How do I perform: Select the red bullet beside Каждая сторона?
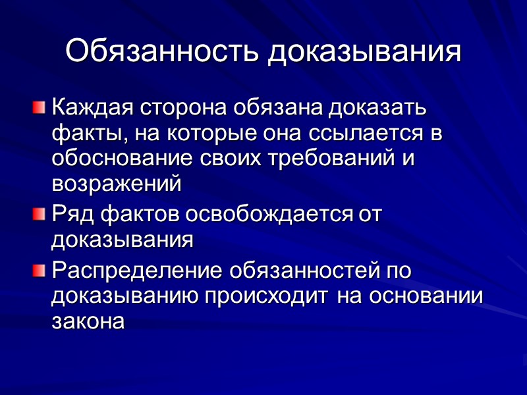[40, 105]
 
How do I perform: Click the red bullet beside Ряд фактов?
[40, 213]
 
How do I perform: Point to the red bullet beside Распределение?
[40, 270]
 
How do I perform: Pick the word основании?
[426, 297]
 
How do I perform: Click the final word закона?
[88, 323]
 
